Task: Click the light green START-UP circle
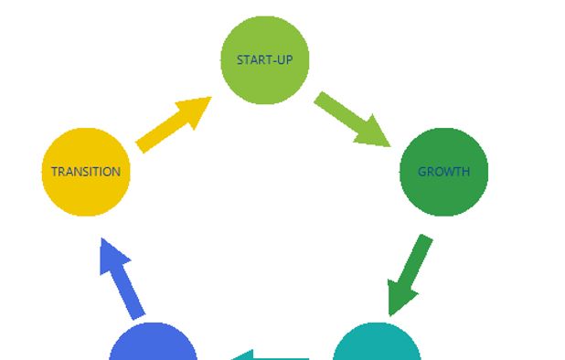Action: click(x=265, y=60)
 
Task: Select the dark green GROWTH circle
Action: click(x=444, y=172)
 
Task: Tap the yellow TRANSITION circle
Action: click(x=86, y=172)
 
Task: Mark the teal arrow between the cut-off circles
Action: click(x=271, y=356)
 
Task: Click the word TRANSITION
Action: click(x=86, y=172)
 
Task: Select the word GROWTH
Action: click(x=444, y=172)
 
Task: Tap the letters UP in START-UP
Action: click(x=285, y=59)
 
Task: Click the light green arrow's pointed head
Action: click(x=374, y=134)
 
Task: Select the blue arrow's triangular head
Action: click(x=112, y=255)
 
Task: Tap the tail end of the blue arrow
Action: click(x=139, y=317)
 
